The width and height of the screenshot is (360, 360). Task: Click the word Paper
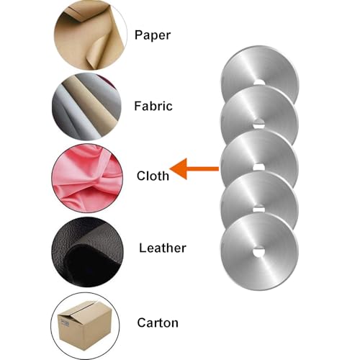(153, 35)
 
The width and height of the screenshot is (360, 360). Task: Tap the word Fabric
(153, 106)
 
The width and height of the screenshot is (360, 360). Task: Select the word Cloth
(153, 176)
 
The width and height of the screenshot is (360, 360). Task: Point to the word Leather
(163, 248)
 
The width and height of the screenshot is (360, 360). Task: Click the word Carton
(158, 323)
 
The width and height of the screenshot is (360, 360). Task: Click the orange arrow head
(179, 168)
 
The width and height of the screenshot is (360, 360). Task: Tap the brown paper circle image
(90, 35)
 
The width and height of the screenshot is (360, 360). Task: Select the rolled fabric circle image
(86, 107)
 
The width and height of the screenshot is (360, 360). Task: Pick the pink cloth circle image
(87, 178)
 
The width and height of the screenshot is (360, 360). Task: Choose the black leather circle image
(87, 252)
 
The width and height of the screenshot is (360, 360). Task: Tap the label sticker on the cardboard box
(65, 323)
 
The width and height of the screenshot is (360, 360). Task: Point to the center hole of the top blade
(259, 82)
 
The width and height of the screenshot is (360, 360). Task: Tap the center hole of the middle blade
(258, 167)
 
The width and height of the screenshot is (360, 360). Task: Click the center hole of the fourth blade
(258, 210)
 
